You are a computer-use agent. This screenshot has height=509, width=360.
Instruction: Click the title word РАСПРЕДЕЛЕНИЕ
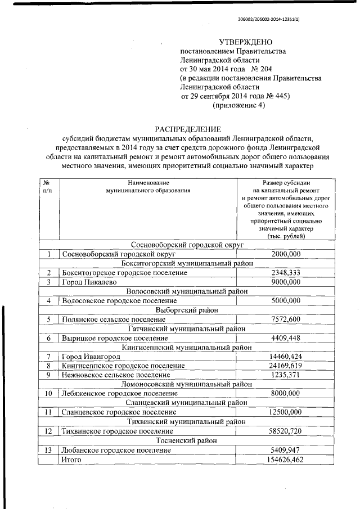(x=188, y=129)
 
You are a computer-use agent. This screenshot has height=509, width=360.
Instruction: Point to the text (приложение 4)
(x=238, y=105)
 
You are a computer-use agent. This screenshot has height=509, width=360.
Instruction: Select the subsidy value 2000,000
(x=286, y=254)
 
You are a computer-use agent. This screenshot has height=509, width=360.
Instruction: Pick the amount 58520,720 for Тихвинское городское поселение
(x=286, y=431)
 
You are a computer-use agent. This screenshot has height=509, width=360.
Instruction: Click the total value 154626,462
(x=286, y=460)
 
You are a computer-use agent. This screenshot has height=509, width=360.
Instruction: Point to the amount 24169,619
(x=286, y=366)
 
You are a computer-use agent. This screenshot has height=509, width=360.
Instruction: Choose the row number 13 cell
(x=48, y=450)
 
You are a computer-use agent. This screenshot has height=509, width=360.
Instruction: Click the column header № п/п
(x=47, y=187)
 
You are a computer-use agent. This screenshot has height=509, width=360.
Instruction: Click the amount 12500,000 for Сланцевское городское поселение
(x=286, y=412)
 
